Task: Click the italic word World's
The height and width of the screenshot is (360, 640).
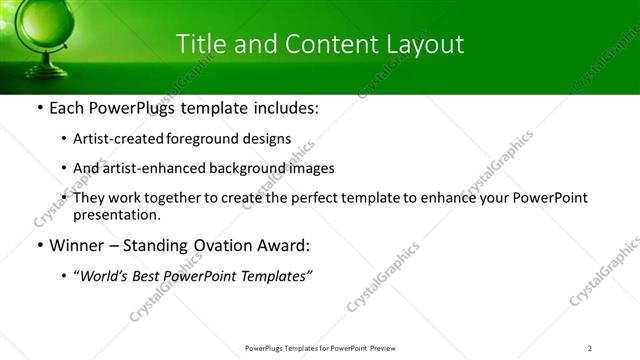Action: coord(104,276)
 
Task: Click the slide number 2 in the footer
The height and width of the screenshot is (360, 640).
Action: coord(590,347)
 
